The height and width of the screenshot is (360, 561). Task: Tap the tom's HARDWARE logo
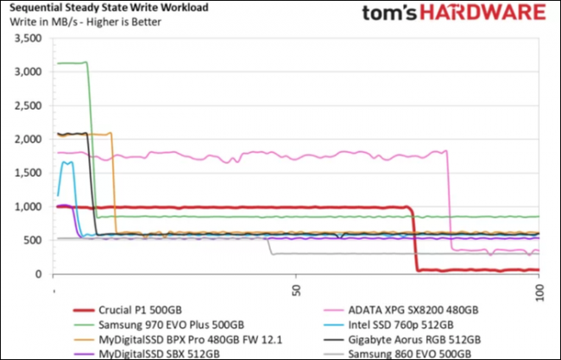click(453, 15)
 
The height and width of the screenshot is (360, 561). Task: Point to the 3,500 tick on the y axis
click(28, 39)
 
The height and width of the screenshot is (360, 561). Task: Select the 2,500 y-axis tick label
click(28, 106)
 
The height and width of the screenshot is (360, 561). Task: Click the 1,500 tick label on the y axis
click(28, 174)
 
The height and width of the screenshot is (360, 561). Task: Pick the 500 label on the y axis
click(34, 241)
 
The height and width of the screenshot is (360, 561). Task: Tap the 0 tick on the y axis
click(39, 275)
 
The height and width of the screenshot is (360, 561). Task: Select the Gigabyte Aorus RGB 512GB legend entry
click(414, 339)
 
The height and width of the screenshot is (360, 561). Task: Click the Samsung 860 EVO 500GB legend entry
click(409, 354)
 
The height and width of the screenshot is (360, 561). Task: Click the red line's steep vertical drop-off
click(414, 242)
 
